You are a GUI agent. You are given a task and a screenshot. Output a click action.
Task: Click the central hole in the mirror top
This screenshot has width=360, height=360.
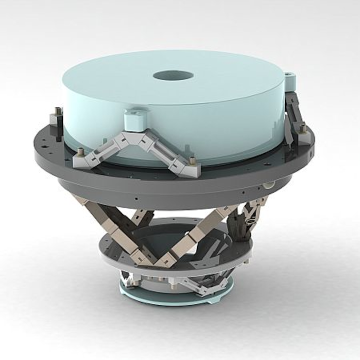(x=173, y=75)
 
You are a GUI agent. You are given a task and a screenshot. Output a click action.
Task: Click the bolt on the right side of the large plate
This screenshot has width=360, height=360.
(x=302, y=128)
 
